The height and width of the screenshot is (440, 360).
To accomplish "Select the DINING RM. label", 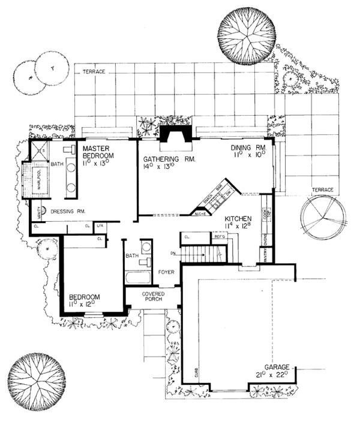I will [x=249, y=147].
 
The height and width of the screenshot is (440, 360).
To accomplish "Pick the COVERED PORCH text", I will [x=153, y=297].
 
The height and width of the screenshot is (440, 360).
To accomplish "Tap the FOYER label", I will [x=166, y=272].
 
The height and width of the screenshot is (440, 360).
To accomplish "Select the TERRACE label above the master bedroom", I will [x=94, y=72].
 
